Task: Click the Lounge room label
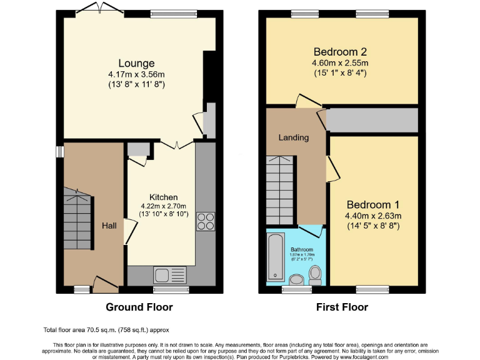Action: tap(136, 63)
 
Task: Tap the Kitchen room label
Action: tap(163, 197)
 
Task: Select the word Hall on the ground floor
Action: tap(109, 226)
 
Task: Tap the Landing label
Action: tap(294, 137)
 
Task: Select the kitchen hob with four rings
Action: tap(206, 221)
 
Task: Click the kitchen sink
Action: tap(169, 274)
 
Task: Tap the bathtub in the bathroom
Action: tap(276, 257)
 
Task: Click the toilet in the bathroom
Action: tap(316, 274)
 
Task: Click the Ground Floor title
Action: tap(139, 307)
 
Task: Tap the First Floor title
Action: tap(341, 307)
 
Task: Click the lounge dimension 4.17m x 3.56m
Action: tap(136, 74)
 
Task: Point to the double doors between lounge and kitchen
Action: tap(176, 144)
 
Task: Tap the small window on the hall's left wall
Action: tap(60, 152)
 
